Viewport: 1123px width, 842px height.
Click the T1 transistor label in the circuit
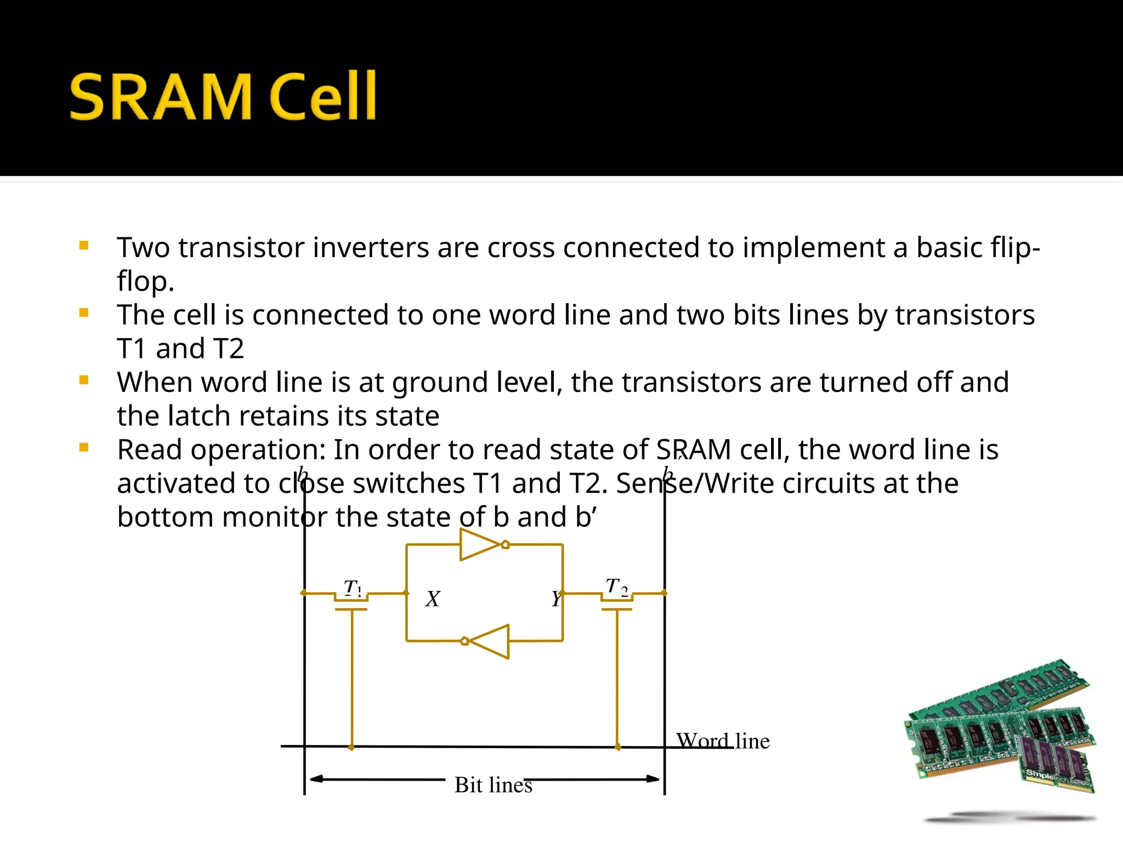pyautogui.click(x=353, y=587)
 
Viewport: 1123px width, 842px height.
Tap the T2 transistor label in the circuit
pyautogui.click(x=616, y=586)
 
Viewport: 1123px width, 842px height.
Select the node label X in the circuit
pyautogui.click(x=433, y=599)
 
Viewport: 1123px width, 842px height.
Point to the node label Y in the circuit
pyautogui.click(x=556, y=599)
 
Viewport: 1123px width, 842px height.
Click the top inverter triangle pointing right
pyautogui.click(x=480, y=544)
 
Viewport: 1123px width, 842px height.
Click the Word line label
pyautogui.click(x=723, y=741)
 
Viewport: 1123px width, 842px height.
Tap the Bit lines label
pyautogui.click(x=493, y=785)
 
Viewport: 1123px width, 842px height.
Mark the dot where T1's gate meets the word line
pyautogui.click(x=351, y=747)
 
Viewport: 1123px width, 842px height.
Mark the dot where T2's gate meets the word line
pyautogui.click(x=617, y=747)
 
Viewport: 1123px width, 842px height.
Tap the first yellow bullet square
pyautogui.click(x=84, y=246)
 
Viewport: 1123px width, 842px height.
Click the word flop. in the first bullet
pyautogui.click(x=145, y=281)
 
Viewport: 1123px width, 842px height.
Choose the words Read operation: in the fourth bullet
pyautogui.click(x=222, y=450)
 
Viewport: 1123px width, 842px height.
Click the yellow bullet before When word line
pyautogui.click(x=84, y=380)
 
